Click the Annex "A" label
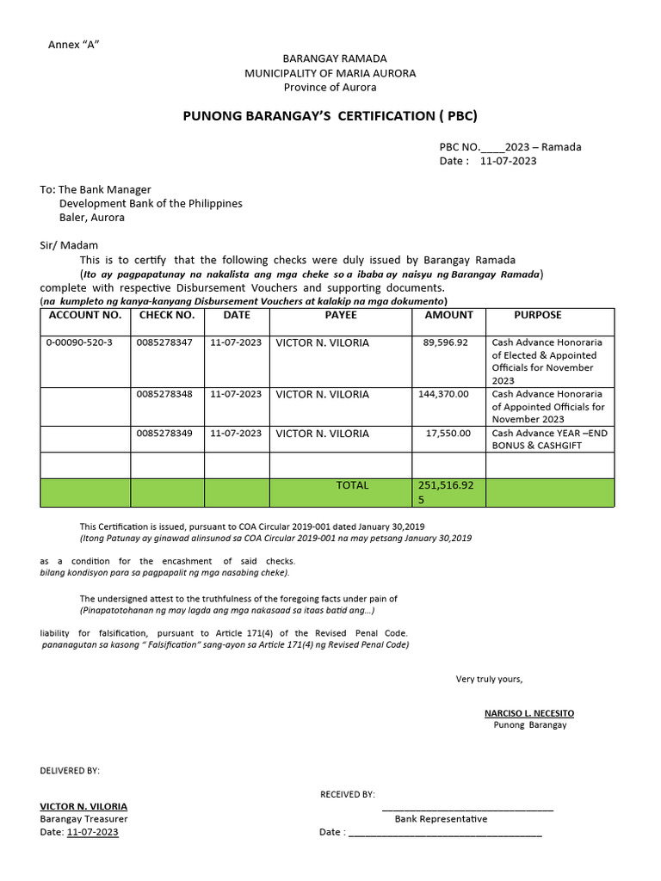74,44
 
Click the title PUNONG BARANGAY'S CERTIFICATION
330,115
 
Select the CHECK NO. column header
167,316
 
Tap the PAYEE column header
341,316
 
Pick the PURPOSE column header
537,316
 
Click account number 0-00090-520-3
79,342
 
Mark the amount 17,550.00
448,434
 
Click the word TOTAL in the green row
352,485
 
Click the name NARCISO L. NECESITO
529,713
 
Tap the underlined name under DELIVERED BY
83,806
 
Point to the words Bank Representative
441,819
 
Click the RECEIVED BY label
348,794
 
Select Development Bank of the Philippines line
151,204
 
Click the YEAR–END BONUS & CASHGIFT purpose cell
549,440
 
